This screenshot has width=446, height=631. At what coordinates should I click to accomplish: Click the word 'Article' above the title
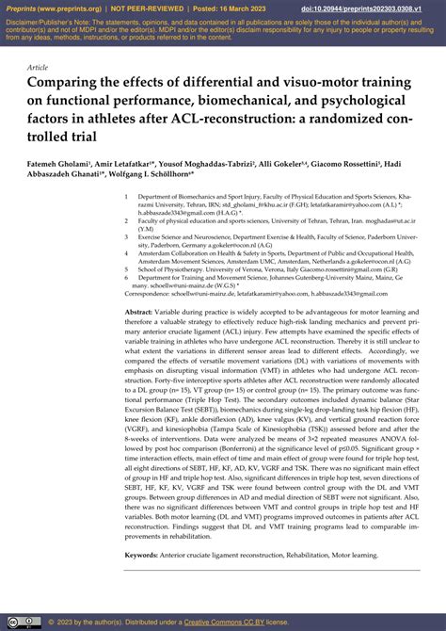click(39, 69)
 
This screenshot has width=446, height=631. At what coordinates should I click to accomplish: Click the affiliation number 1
click(127, 198)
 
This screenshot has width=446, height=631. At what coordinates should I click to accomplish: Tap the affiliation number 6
click(127, 279)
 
